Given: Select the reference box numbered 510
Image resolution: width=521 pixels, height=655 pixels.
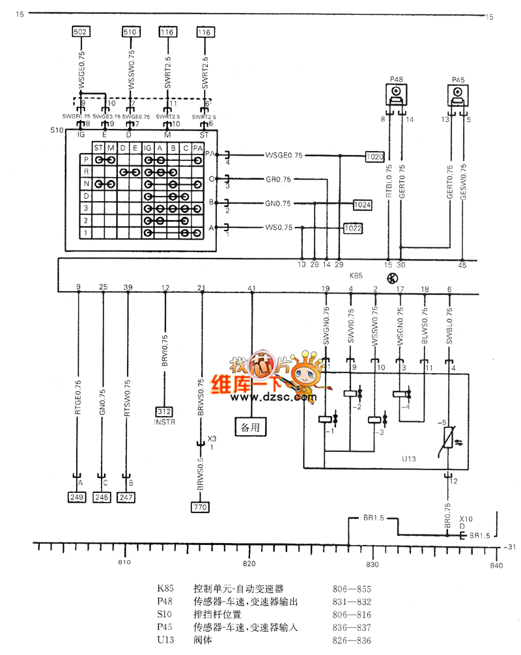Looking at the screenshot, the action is [130, 31].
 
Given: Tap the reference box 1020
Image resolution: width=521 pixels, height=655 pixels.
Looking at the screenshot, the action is [374, 156].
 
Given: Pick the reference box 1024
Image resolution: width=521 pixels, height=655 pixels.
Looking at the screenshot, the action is [363, 204].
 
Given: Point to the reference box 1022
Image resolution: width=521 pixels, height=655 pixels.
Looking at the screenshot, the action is [353, 229].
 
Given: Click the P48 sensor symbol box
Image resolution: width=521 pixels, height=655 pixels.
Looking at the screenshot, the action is [397, 96].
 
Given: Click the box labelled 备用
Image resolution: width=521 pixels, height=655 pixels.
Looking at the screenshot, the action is [250, 428].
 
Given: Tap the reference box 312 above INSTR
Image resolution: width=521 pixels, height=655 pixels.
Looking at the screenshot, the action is [165, 411].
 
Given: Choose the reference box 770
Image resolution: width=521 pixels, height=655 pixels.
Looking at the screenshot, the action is [201, 505].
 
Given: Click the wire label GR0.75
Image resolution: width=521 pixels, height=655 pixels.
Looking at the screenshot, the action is [278, 179].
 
